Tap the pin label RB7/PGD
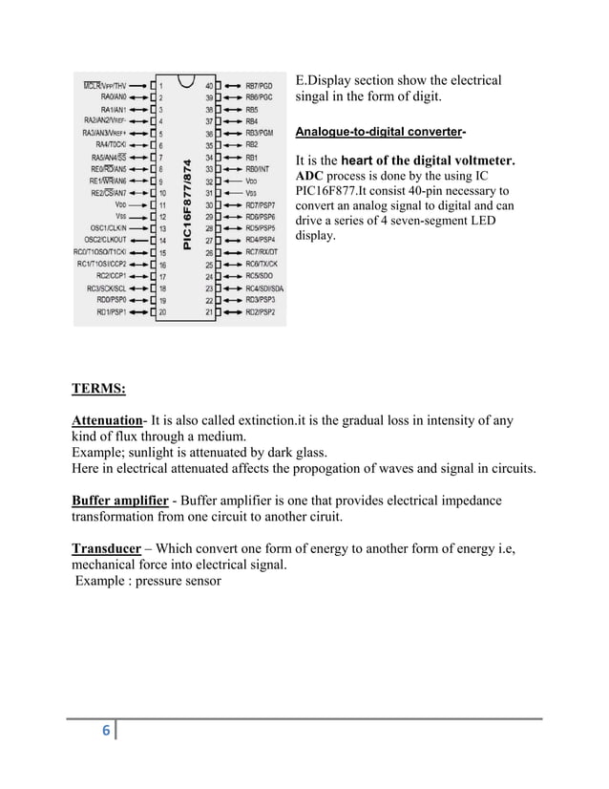(x=259, y=85)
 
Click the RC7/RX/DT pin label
(x=261, y=252)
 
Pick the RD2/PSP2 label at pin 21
(x=260, y=311)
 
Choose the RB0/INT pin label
(x=258, y=168)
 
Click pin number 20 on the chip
(x=161, y=311)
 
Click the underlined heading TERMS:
(x=96, y=389)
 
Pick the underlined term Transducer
(x=108, y=548)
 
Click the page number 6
(x=106, y=731)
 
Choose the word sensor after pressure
(x=199, y=581)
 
